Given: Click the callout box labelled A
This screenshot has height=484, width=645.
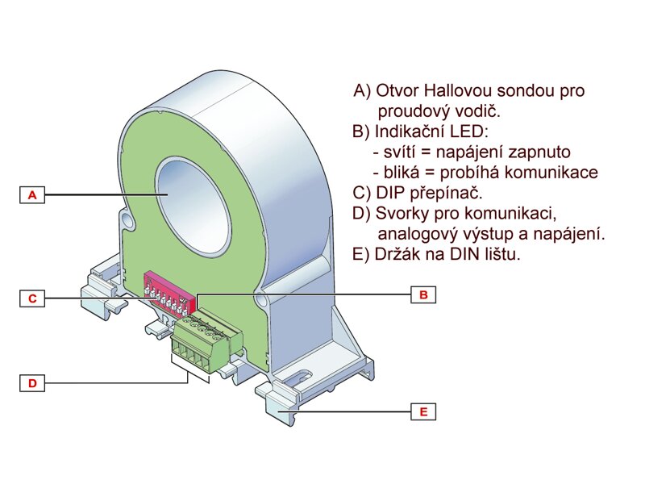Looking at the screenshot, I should [31, 195].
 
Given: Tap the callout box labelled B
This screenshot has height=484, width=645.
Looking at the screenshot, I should [422, 295].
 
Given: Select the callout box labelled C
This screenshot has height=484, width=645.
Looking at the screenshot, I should [31, 298].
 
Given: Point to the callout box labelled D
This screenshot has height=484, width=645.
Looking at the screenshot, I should [31, 383].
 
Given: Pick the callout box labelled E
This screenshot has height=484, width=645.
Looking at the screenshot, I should [422, 412].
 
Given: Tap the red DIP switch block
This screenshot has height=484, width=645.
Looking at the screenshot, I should [170, 292].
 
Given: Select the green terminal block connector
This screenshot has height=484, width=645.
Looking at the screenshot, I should [206, 343].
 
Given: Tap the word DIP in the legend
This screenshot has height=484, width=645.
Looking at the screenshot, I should [389, 194].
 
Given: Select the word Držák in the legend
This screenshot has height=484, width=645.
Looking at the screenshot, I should [397, 255].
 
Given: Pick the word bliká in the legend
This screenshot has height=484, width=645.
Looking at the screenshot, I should [402, 173].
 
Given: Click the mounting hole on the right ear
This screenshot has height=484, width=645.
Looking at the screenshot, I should [263, 300].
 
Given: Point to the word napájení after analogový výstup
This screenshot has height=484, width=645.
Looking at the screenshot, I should [569, 235].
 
